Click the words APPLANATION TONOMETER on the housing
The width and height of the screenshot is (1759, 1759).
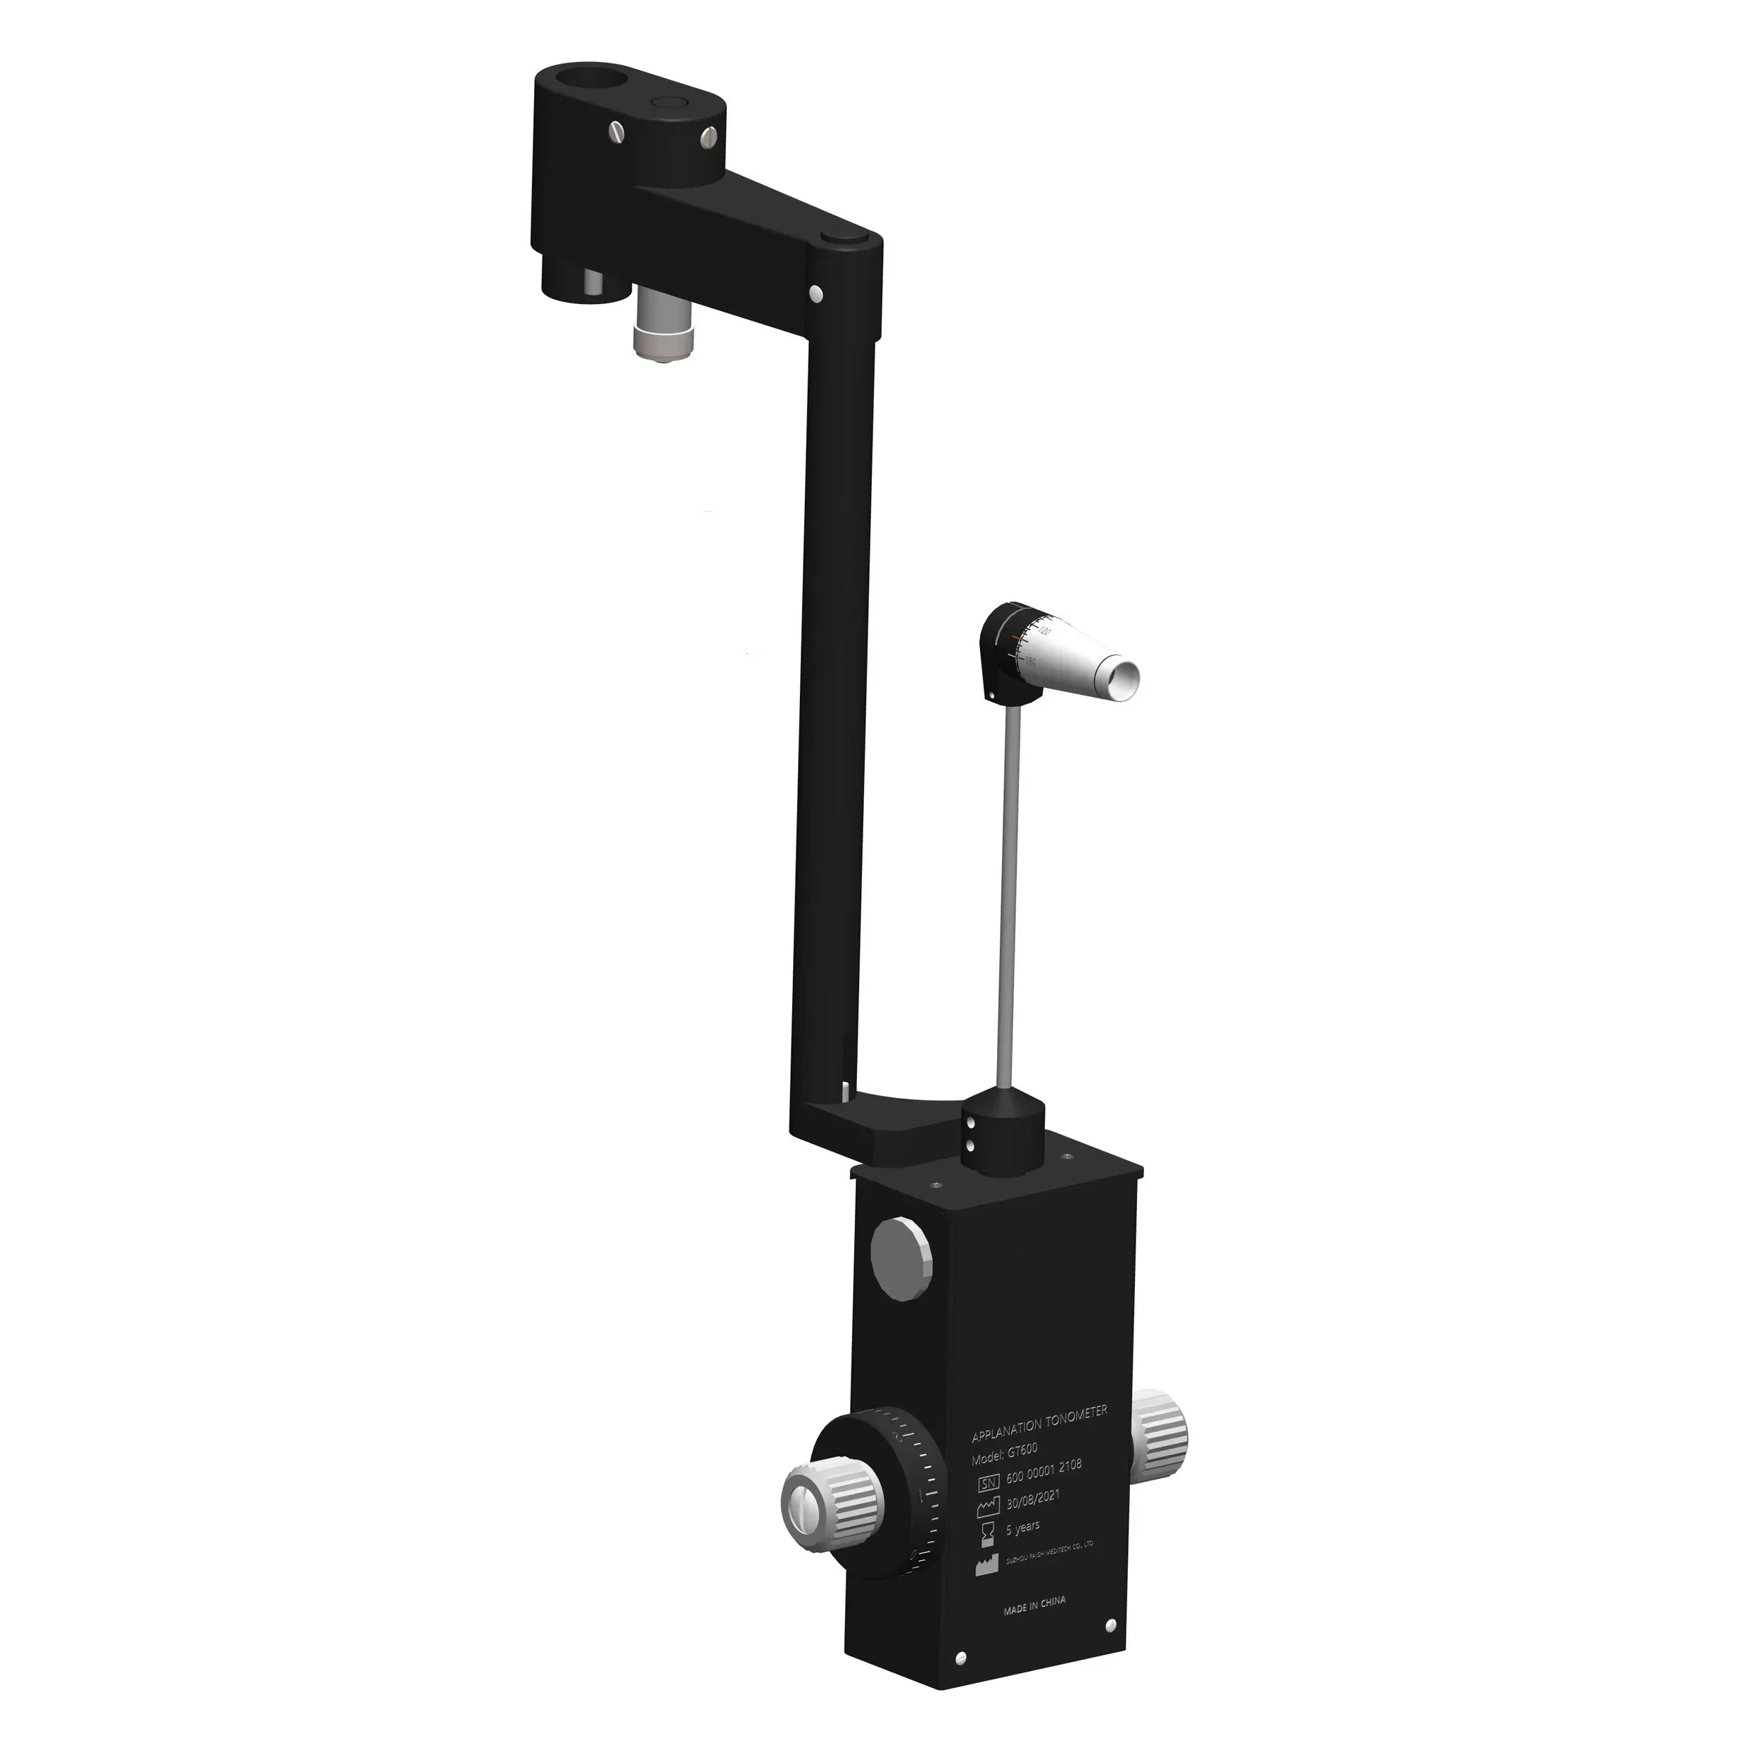coord(1039,1423)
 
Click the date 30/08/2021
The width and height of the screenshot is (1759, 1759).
coord(1031,1499)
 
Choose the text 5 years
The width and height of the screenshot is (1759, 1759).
coord(1022,1527)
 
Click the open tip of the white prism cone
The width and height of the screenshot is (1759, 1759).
coord(1121,678)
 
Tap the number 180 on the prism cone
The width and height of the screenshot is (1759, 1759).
coord(1031,662)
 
